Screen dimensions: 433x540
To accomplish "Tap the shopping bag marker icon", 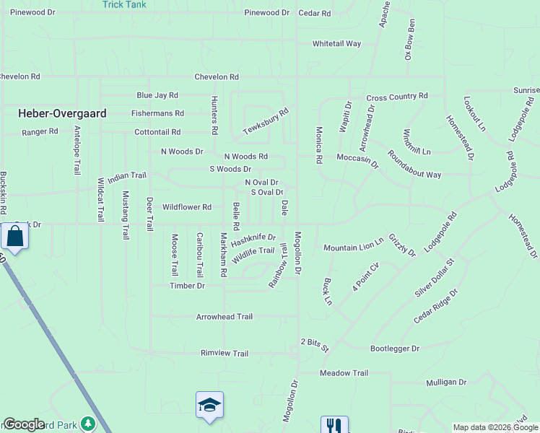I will [x=14, y=236].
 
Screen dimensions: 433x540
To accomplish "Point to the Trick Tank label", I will [x=124, y=4].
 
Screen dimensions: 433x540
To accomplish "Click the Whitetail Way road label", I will [x=336, y=44].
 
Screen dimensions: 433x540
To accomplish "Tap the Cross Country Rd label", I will [x=397, y=97].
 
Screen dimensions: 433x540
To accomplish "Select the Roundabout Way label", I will [x=414, y=165].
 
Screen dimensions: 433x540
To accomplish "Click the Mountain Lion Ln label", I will [x=353, y=248].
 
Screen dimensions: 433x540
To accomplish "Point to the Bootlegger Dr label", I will [x=394, y=349].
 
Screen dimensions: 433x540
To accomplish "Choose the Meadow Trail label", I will [x=344, y=373].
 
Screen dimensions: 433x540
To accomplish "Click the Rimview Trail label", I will [x=224, y=354].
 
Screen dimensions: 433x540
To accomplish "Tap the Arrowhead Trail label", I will [x=225, y=317].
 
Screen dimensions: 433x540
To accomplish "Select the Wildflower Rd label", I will [x=186, y=207].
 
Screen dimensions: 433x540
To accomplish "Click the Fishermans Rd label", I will [x=157, y=113].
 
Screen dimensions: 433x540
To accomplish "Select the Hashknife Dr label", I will [x=253, y=238].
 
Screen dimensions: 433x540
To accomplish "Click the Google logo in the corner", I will [x=24, y=424].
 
